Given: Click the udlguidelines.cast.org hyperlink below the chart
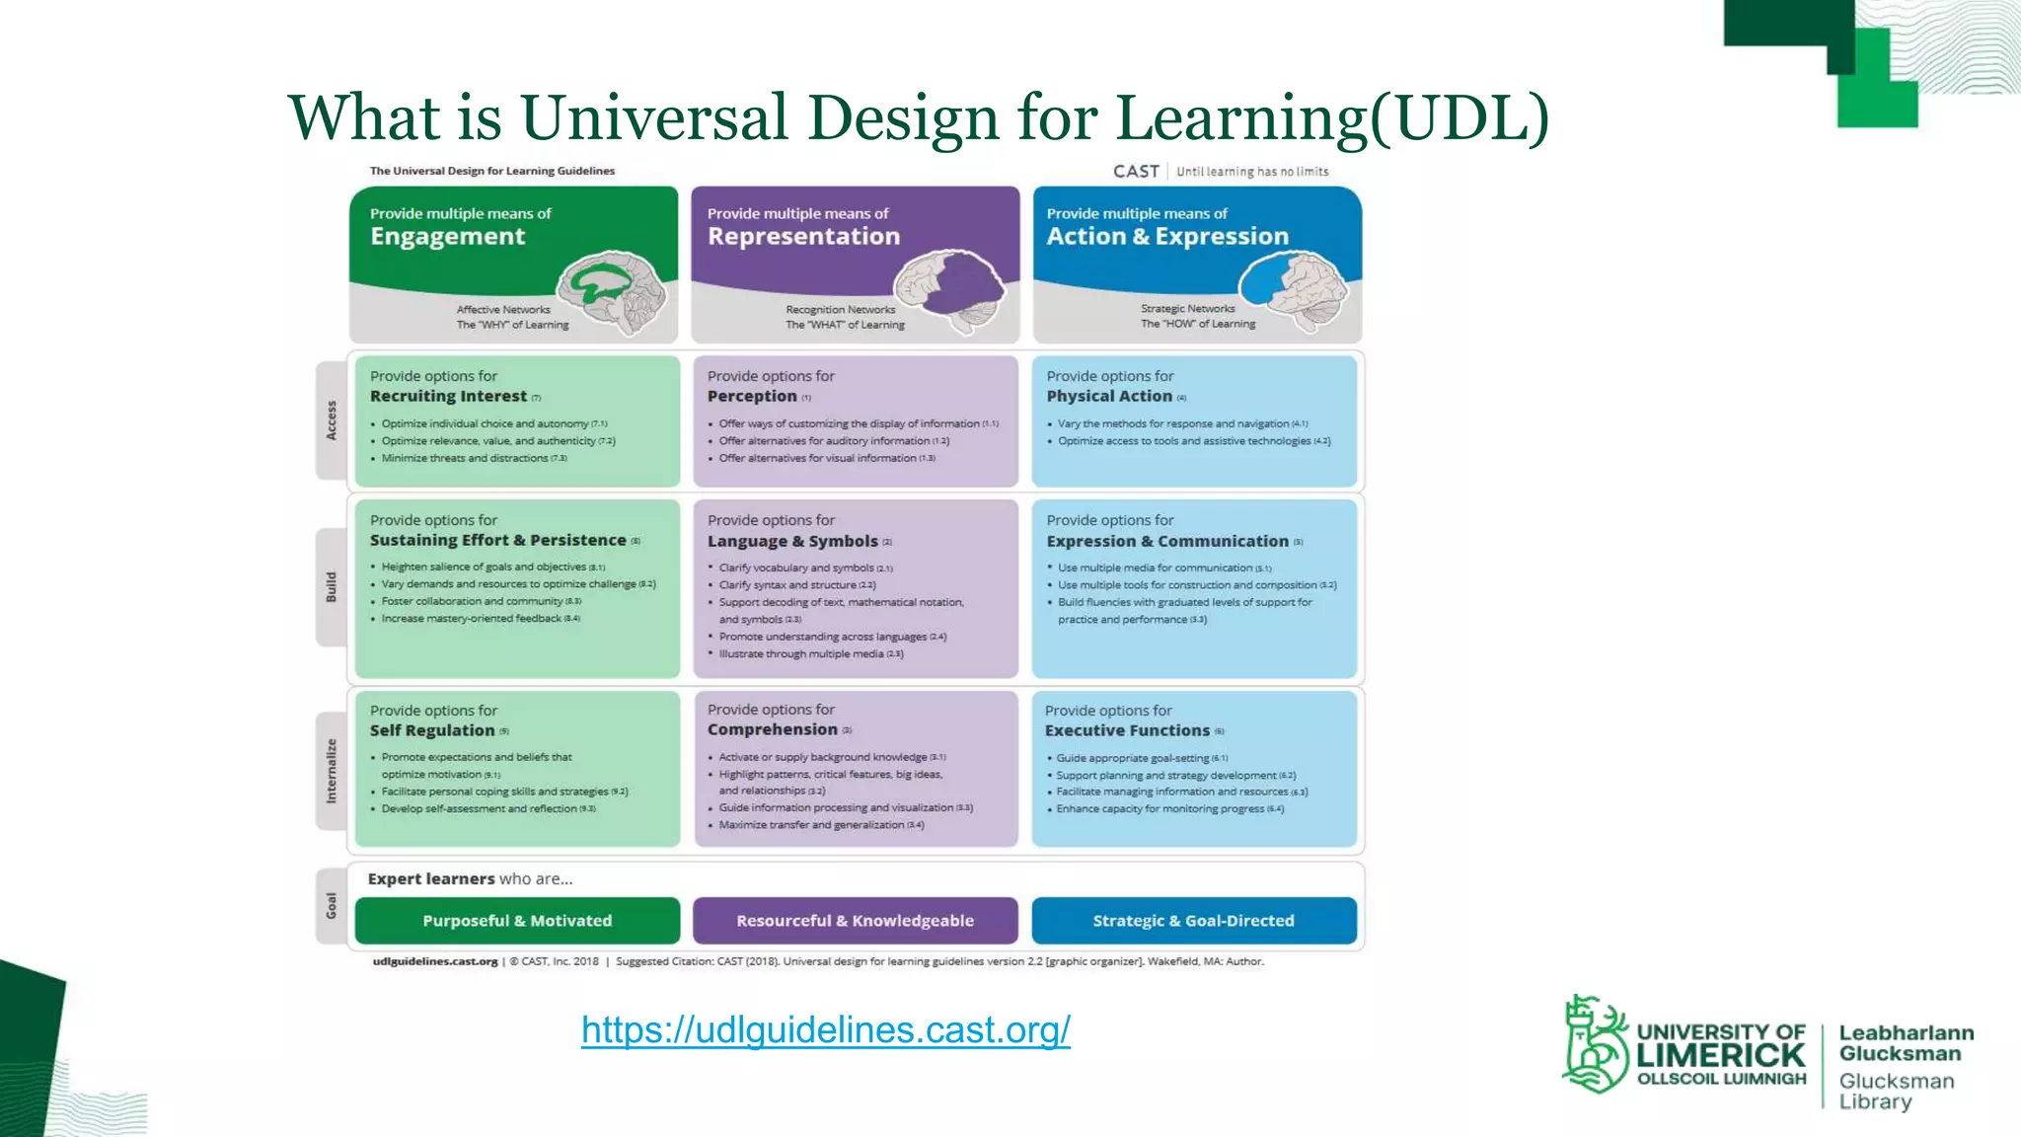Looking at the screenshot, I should pos(825,1029).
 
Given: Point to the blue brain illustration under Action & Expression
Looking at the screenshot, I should pos(1293,286).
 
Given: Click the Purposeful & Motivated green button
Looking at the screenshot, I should pos(517,921).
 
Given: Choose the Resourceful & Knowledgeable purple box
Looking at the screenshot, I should pos(855,921).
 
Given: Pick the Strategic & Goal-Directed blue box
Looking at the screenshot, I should pos(1193,921).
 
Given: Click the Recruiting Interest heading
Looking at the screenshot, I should pos(448,396).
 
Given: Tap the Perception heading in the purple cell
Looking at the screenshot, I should pos(752,396).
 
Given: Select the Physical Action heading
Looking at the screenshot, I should pos(1109,396).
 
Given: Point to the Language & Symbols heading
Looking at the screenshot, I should pos(792,541).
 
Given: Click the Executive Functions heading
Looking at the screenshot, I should pos(1127,730).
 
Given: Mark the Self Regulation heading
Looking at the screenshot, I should pos(432,730).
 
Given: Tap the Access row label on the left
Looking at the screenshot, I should pos(332,420).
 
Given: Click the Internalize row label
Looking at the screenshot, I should pos(332,770).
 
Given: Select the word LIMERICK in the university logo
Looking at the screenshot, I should pos(1720,1055).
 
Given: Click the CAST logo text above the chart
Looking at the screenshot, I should pos(1136,172).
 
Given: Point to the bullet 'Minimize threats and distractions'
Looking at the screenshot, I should pos(465,458).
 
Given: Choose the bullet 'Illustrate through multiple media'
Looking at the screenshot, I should pos(801,653).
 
